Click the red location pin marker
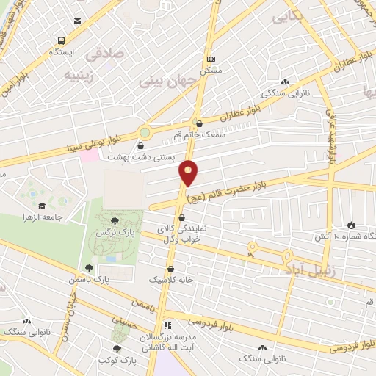click(189, 172)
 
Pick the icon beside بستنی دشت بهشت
click(141, 145)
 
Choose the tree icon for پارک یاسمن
click(88, 269)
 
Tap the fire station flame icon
click(350, 224)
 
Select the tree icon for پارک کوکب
click(116, 349)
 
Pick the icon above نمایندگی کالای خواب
click(181, 217)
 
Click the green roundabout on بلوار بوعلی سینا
click(145, 132)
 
